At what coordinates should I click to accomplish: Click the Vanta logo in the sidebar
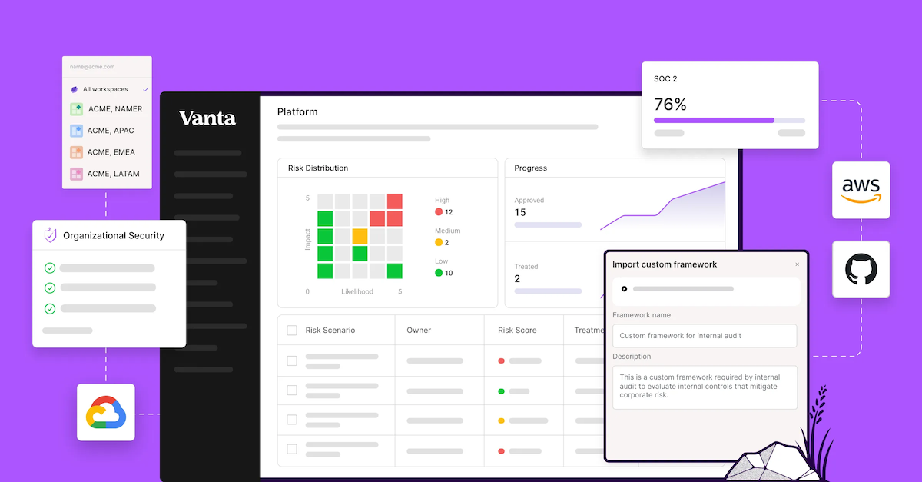(x=207, y=118)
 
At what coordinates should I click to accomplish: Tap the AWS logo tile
(x=861, y=190)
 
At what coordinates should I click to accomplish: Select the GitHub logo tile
(x=861, y=269)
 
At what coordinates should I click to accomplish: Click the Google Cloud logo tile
(x=106, y=412)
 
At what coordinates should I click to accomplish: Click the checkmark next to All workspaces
(x=145, y=90)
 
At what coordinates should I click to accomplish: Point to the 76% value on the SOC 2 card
(x=670, y=105)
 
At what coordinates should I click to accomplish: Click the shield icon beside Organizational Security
(x=50, y=235)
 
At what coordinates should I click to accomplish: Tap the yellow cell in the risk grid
(x=360, y=236)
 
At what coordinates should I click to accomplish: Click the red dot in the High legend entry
(x=439, y=212)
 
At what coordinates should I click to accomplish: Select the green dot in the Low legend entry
(x=439, y=273)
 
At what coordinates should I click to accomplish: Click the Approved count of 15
(x=520, y=213)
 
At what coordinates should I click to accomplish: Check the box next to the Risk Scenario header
(x=292, y=331)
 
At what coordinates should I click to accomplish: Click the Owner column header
(x=419, y=331)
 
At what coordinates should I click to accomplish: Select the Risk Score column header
(x=517, y=331)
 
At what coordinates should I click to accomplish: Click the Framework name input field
(x=704, y=336)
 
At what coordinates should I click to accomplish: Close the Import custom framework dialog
(x=797, y=264)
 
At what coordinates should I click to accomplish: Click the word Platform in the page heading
(x=297, y=112)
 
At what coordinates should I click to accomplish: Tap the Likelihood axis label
(x=357, y=292)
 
